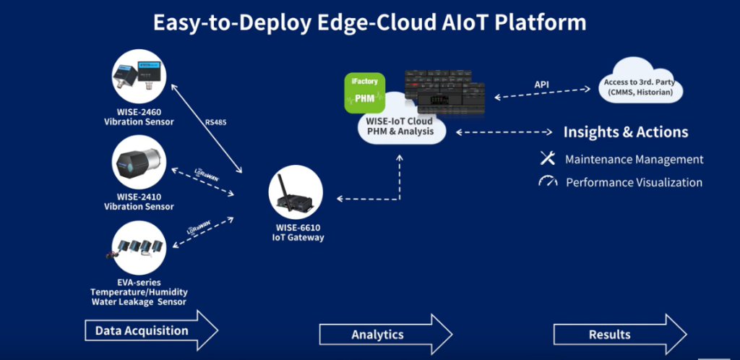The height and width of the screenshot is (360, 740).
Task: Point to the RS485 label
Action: click(x=215, y=122)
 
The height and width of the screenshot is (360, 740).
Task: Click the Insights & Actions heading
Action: click(x=625, y=132)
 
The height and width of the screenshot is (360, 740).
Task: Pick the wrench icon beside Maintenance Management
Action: click(x=547, y=158)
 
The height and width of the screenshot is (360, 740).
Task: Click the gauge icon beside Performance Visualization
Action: click(x=547, y=181)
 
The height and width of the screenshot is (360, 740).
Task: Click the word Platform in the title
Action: click(x=543, y=22)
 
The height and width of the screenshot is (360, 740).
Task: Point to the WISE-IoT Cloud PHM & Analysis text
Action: click(x=400, y=127)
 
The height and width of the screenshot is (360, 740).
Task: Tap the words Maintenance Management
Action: click(x=634, y=159)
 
